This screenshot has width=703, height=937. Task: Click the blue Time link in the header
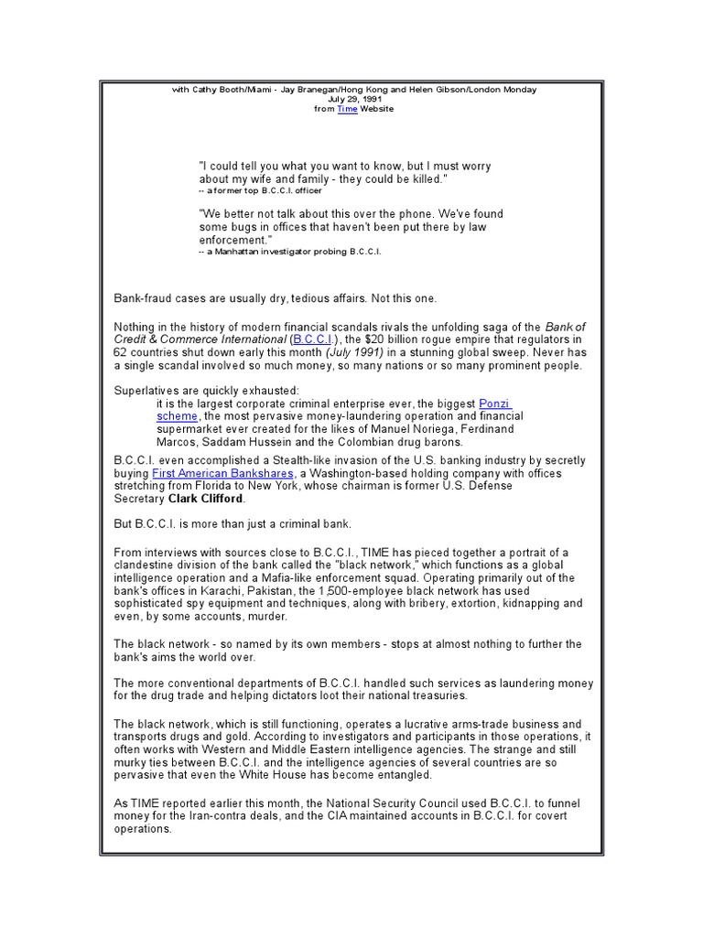click(347, 109)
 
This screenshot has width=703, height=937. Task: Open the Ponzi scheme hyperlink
click(494, 403)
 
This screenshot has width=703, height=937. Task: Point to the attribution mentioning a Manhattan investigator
click(289, 250)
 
